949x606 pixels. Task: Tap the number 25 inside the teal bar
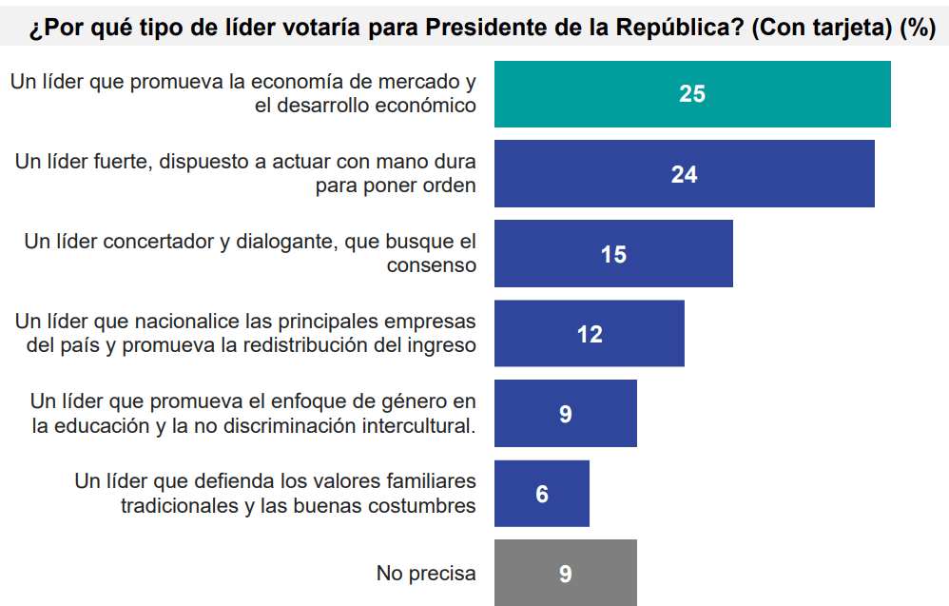692,94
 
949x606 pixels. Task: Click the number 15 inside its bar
613,254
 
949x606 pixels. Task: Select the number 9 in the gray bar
566,574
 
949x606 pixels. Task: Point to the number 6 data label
542,494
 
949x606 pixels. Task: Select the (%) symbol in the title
917,28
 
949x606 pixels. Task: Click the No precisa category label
426,574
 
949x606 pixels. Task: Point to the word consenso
431,266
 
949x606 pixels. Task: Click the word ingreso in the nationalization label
440,346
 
